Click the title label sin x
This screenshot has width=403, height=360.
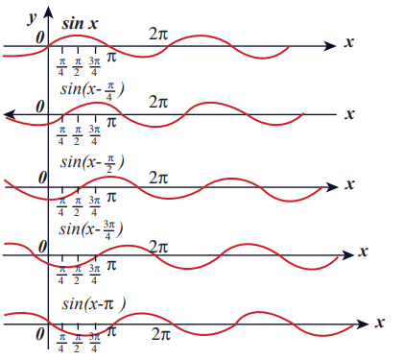[80, 24]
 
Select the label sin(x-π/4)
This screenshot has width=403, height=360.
[92, 90]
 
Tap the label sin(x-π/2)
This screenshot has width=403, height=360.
[92, 162]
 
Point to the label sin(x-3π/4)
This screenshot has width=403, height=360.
[91, 229]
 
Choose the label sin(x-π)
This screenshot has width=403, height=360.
[94, 303]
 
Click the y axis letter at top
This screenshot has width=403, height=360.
[33, 18]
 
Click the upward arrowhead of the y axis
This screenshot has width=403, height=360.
[48, 12]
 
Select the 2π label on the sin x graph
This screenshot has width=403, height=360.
[158, 34]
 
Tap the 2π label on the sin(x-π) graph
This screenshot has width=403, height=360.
[161, 334]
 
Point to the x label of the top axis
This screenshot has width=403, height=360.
[349, 42]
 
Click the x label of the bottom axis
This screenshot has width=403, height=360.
[380, 323]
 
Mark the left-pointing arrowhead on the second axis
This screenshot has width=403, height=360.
[10, 114]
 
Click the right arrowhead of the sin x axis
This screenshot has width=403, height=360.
[330, 46]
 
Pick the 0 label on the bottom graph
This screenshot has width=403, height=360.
[40, 334]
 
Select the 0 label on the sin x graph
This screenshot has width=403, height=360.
[40, 38]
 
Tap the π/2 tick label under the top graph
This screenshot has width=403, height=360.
[77, 67]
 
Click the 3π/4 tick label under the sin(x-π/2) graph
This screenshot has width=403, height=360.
[94, 206]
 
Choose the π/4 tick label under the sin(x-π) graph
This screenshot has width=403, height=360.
[61, 343]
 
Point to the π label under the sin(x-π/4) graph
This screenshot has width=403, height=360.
[111, 122]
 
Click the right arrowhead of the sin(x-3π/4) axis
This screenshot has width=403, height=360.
[348, 255]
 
